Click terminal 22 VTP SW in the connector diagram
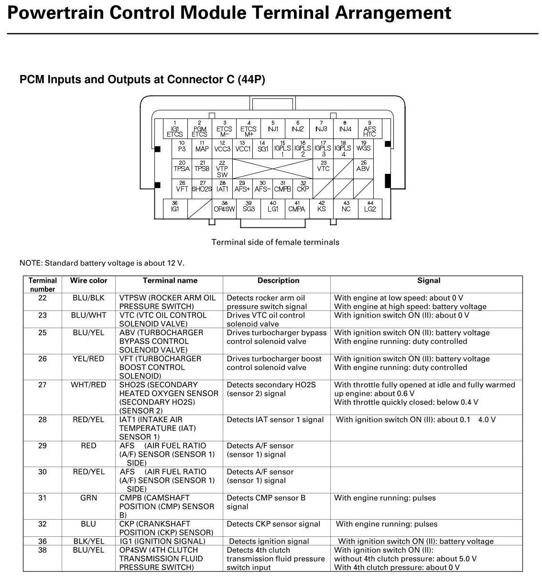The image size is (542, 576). [x=222, y=169]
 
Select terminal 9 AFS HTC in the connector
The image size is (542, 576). [x=369, y=129]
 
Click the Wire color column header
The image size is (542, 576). [x=88, y=281]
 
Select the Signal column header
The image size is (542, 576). [x=428, y=281]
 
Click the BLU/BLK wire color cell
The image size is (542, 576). [x=88, y=298]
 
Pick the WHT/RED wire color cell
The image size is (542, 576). [x=88, y=385]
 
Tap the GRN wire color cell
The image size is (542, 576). [x=88, y=498]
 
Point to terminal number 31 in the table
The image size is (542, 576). [x=43, y=498]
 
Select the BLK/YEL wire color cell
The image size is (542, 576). [x=88, y=542]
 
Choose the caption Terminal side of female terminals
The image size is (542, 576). [x=275, y=242]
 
